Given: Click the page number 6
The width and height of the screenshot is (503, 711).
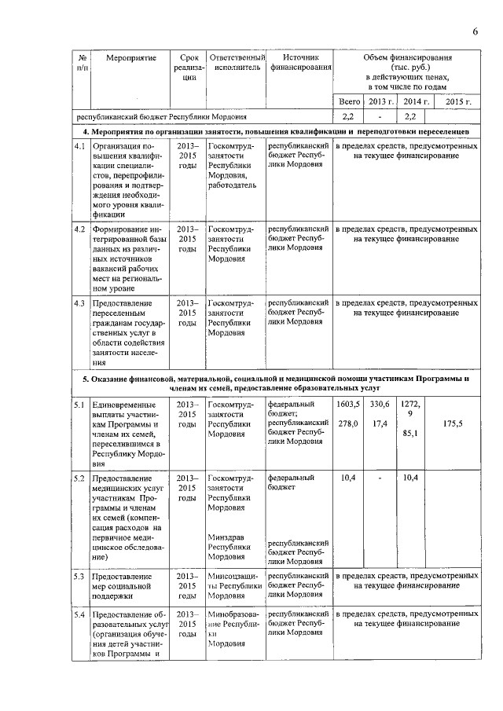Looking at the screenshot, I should [475, 31].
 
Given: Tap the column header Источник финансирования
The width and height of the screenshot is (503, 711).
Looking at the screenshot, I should [300, 63].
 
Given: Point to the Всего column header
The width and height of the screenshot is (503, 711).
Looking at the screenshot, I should [348, 102].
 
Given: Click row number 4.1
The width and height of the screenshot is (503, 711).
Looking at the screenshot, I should [79, 147].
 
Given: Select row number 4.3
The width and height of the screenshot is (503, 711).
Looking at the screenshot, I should [79, 302].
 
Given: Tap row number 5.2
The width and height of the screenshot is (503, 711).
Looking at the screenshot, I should [79, 477].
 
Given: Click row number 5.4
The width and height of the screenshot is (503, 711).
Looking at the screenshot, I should [79, 614].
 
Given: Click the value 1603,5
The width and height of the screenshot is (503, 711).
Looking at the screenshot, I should [348, 404].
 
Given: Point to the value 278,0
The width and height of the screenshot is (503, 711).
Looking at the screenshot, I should [348, 424].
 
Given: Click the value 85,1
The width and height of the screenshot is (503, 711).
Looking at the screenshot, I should [409, 433].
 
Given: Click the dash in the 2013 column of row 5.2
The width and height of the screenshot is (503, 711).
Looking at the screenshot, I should [380, 478].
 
